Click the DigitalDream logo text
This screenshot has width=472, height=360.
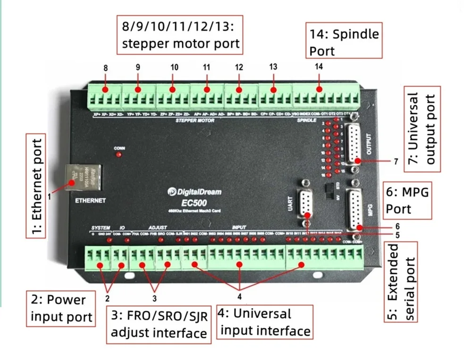pyautogui.click(x=194, y=192)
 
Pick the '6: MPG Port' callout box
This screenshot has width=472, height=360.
pyautogui.click(x=407, y=201)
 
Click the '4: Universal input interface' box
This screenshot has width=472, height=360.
pyautogui.click(x=265, y=322)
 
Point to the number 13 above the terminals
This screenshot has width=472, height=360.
pyautogui.click(x=273, y=67)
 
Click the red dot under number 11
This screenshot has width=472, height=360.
pyautogui.click(x=206, y=89)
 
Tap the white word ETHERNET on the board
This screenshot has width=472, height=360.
pyautogui.click(x=91, y=200)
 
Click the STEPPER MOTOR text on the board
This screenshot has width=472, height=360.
pyautogui.click(x=195, y=120)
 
